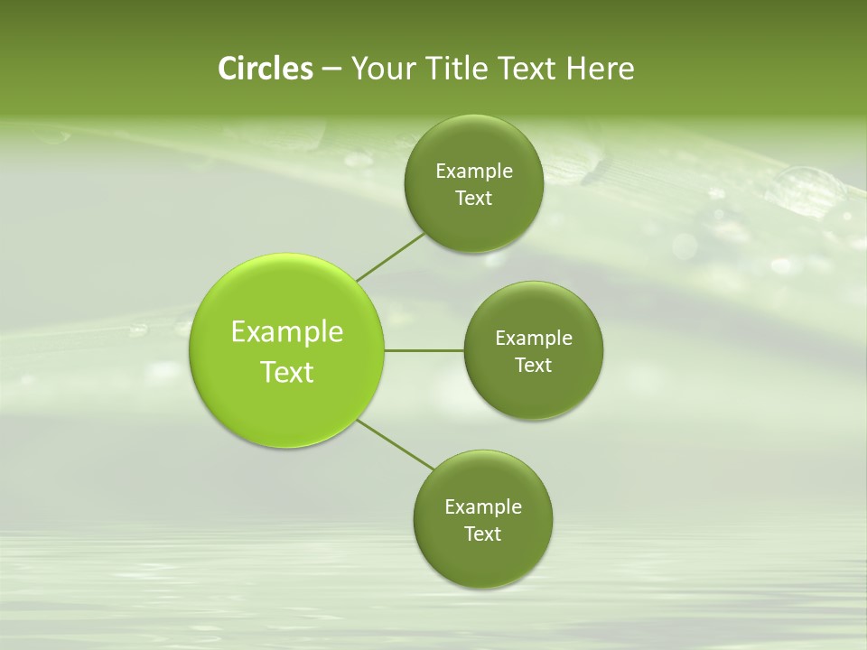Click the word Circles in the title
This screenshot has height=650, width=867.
(266, 69)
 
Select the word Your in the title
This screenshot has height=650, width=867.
(381, 69)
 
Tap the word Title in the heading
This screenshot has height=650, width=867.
(457, 69)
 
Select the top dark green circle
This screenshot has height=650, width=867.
(473, 222)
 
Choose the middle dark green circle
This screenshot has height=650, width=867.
(533, 392)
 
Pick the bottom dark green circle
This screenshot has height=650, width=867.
(482, 560)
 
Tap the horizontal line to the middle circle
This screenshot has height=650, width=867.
(424, 350)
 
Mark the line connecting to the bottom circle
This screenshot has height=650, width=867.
(396, 444)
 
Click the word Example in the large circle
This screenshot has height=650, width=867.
(287, 332)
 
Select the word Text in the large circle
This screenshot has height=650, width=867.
(287, 372)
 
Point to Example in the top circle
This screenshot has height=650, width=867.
(474, 172)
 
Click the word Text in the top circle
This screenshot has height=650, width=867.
(473, 199)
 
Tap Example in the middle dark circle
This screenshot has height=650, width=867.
(534, 339)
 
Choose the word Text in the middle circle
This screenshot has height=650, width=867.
(533, 366)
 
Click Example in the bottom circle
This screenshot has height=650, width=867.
(483, 507)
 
